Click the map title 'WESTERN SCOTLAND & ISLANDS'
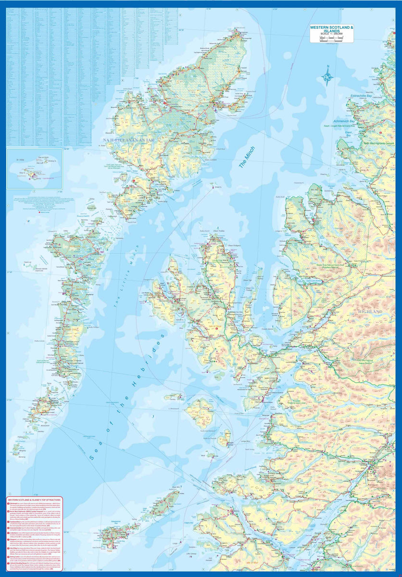[331, 30]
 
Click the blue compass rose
[328, 76]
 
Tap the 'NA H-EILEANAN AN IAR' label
[129, 140]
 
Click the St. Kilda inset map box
[34, 168]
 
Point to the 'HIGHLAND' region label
[370, 312]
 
